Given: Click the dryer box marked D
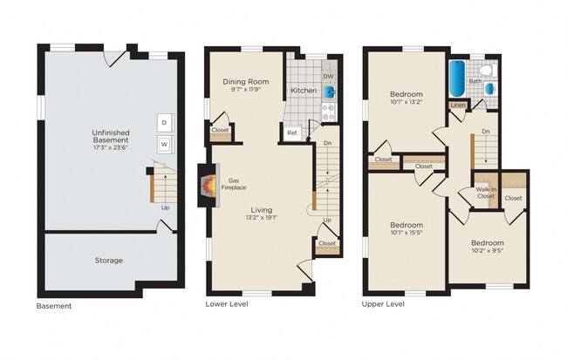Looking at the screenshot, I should (x=163, y=122).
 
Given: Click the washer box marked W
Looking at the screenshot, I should (x=163, y=144).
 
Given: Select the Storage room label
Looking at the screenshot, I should (x=109, y=260).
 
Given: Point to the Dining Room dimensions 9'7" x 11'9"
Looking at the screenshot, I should (x=245, y=90).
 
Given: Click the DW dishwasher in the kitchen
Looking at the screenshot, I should (x=329, y=76).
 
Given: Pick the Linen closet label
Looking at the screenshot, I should (x=458, y=105).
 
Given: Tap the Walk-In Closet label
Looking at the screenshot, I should (x=486, y=193).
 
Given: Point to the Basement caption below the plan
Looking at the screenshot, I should (x=54, y=306).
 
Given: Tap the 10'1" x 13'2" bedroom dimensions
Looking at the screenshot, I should (x=406, y=102).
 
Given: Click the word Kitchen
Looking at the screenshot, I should (x=304, y=90).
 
